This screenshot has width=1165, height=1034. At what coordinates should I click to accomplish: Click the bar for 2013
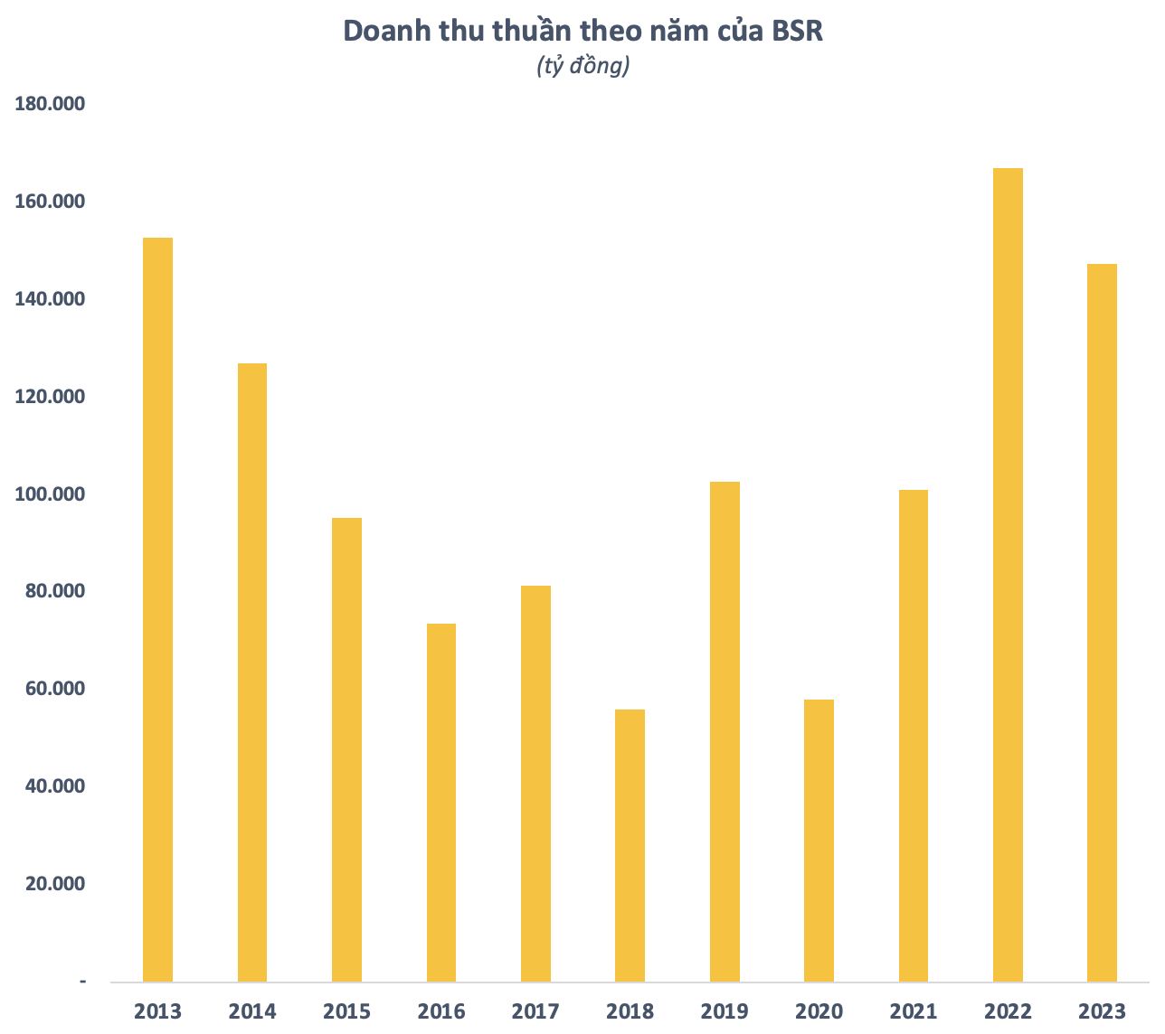pos(157,609)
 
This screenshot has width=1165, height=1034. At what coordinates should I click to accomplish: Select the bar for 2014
pos(252,672)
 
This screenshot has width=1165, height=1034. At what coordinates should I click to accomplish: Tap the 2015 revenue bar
pos(346,749)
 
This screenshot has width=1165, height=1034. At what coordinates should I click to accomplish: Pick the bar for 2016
pos(441,803)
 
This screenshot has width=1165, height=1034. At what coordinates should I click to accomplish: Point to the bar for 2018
pos(630,845)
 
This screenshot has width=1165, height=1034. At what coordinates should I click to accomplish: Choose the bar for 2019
pos(725,731)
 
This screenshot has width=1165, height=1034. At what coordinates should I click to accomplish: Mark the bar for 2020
pos(819,841)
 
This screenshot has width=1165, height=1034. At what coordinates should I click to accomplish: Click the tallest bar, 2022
pos(1008,575)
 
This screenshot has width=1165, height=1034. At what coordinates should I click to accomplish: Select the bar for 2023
pos(1102,623)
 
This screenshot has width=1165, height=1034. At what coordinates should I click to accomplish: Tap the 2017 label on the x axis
pos(535,1010)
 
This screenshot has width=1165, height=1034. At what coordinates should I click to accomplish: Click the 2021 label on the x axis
pos(914,1010)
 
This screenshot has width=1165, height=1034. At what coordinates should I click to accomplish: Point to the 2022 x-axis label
pos(1008,1010)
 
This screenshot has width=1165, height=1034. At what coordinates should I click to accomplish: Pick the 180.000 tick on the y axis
pos(50,105)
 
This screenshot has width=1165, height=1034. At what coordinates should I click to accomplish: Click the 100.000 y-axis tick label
pos(50,494)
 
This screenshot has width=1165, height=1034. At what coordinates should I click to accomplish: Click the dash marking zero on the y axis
pos(83,981)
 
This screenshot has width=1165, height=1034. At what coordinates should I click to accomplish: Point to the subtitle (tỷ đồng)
pos(582,66)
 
